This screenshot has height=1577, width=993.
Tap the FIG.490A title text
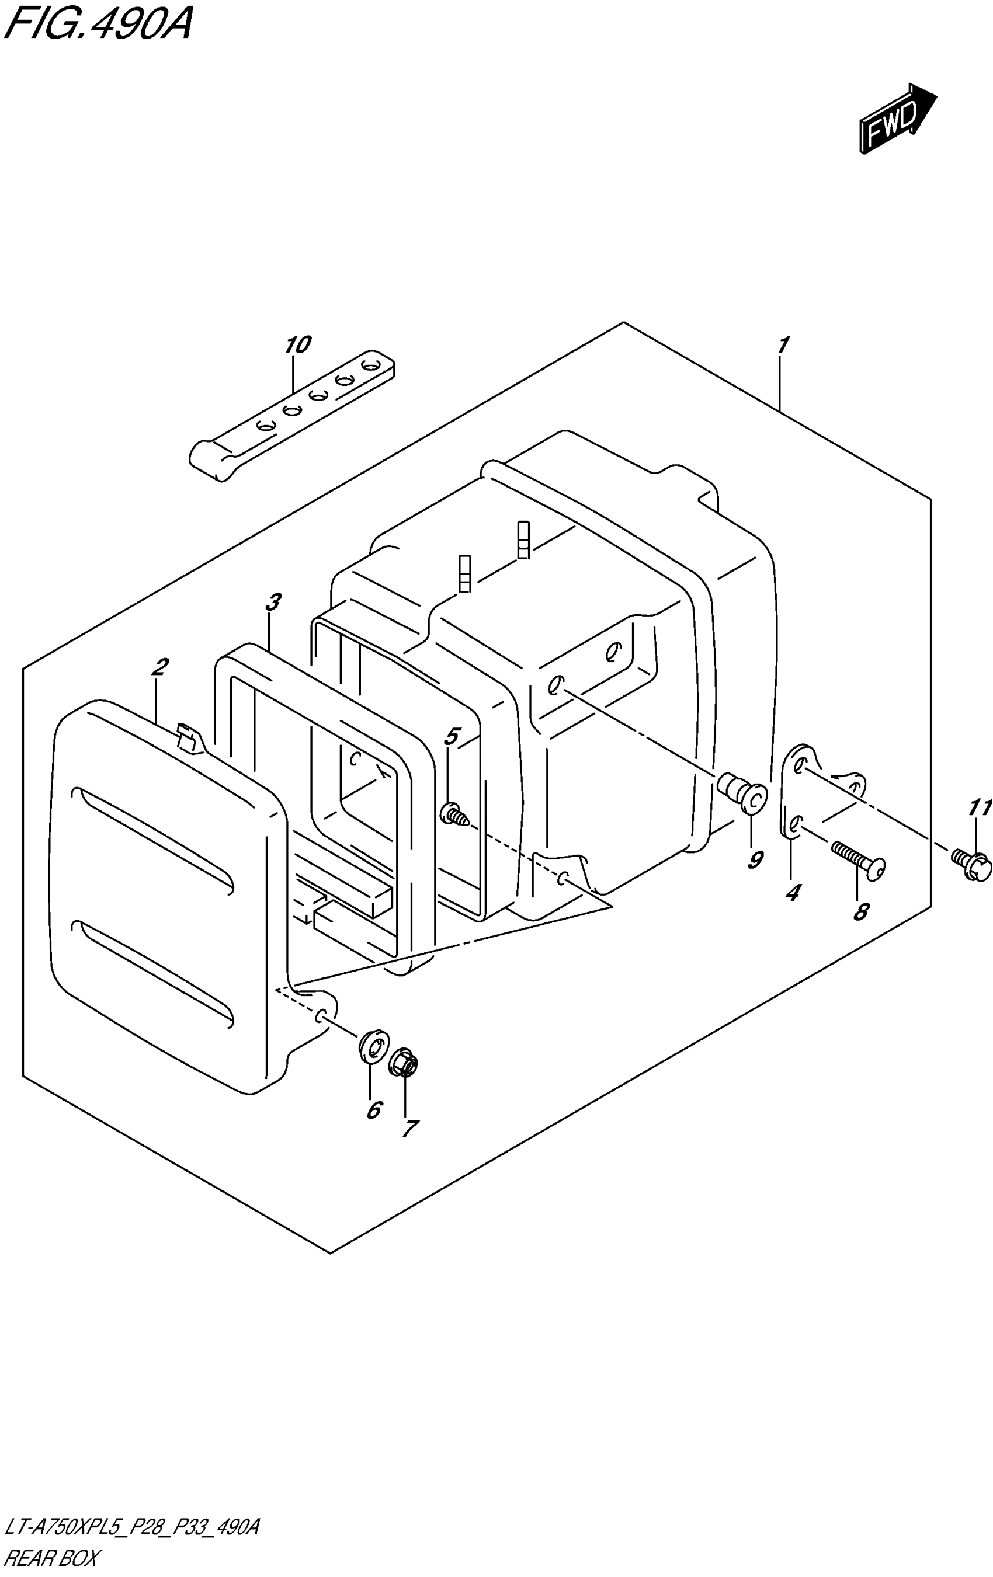tap(98, 26)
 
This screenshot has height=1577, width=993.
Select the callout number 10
tap(297, 344)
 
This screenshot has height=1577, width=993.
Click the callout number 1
tap(783, 344)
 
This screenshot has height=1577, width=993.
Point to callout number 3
tap(274, 601)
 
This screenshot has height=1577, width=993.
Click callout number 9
tap(755, 860)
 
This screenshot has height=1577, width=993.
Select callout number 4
tap(793, 892)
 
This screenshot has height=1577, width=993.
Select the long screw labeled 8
tap(858, 858)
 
